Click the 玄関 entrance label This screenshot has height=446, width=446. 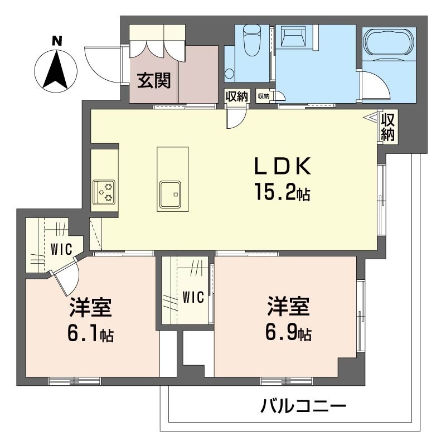click(154, 80)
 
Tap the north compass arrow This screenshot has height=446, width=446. click(56, 69)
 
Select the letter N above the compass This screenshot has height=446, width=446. click(57, 41)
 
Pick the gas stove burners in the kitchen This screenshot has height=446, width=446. click(104, 192)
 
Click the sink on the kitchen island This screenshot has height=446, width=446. click(170, 195)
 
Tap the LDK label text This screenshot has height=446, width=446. click(283, 166)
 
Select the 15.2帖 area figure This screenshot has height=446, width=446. click(282, 192)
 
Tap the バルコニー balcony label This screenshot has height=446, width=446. click(303, 406)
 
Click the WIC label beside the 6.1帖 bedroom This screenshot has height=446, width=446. click(61, 249)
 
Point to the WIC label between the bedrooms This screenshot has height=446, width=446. click(193, 297)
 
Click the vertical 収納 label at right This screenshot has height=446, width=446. click(388, 127)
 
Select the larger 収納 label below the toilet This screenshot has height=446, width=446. click(236, 96)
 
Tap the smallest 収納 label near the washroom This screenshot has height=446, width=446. click(264, 96)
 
